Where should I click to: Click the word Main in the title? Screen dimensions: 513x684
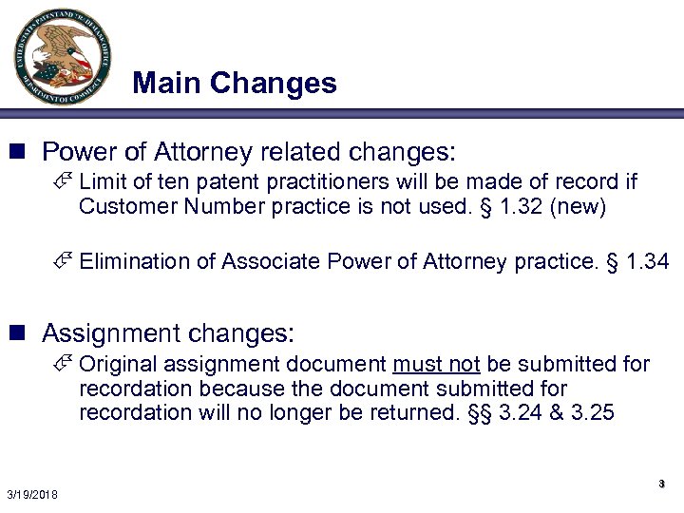pyautogui.click(x=167, y=84)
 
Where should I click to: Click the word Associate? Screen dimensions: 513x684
pyautogui.click(x=261, y=261)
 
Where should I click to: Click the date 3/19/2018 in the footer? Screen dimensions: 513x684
pyautogui.click(x=31, y=494)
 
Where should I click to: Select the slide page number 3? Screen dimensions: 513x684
pyautogui.click(x=661, y=484)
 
